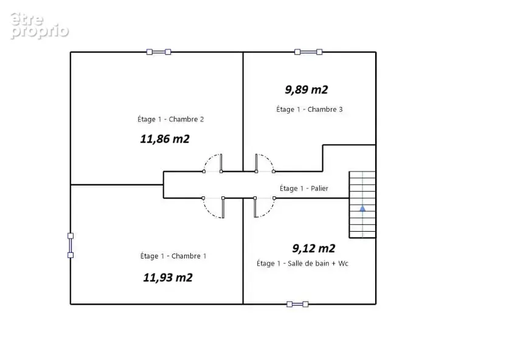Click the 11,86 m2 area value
(x=165, y=139)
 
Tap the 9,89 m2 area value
(x=306, y=90)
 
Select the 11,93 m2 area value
(x=168, y=278)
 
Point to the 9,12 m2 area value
(x=314, y=249)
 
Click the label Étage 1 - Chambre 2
(x=170, y=119)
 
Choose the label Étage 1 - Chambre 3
(x=310, y=109)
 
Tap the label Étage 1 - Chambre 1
(x=173, y=256)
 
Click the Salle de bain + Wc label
(x=318, y=264)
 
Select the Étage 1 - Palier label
(x=304, y=189)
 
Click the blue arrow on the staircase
(x=362, y=209)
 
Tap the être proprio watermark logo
(x=40, y=26)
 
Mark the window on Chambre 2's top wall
(x=159, y=52)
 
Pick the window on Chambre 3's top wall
(x=308, y=52)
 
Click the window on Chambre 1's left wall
(x=71, y=245)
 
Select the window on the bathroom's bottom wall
(x=297, y=305)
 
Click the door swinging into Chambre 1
(x=213, y=207)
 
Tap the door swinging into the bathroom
(x=265, y=207)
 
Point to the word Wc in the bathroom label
(x=343, y=264)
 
